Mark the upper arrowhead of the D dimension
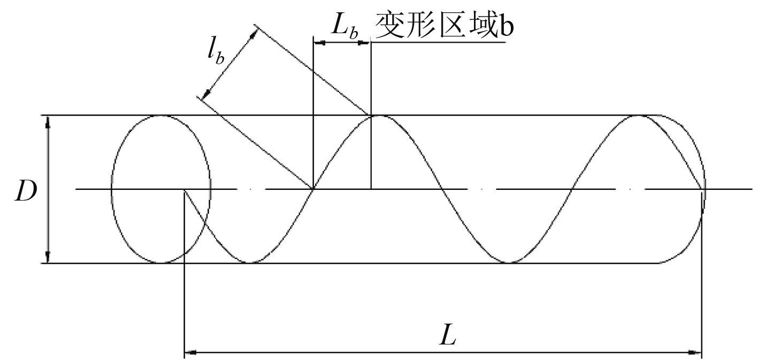pyautogui.click(x=48, y=122)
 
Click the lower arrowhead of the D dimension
pyautogui.click(x=48, y=257)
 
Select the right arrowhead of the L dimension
pyautogui.click(x=695, y=353)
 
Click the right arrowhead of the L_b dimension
pyautogui.click(x=364, y=43)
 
